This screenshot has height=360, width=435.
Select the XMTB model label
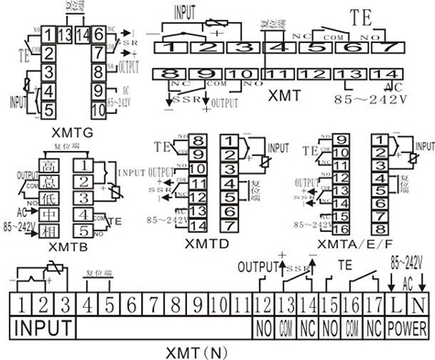pos(57,246)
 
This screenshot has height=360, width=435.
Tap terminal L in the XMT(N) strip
pos(394,302)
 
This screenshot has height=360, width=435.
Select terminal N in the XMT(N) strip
pos(417,302)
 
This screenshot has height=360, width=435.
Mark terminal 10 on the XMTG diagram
pos(98,107)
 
